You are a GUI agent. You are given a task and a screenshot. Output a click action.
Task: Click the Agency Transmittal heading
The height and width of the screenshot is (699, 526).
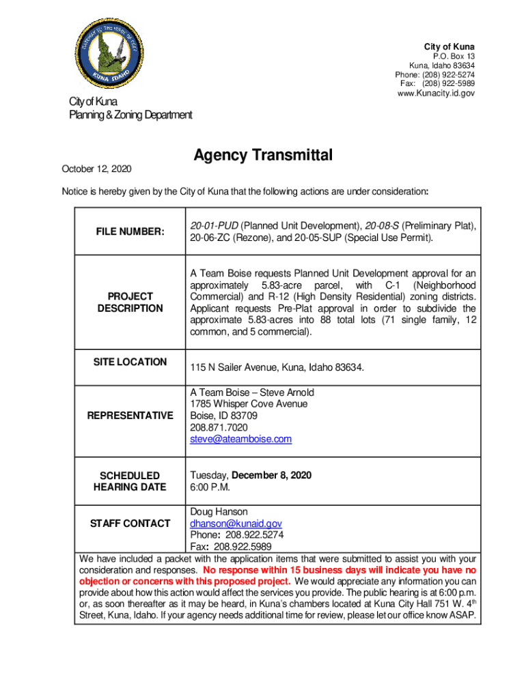(263, 156)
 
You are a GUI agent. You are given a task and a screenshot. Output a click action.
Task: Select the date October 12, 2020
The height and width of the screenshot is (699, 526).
(97, 169)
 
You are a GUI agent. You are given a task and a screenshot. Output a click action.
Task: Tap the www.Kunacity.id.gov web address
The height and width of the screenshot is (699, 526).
(436, 93)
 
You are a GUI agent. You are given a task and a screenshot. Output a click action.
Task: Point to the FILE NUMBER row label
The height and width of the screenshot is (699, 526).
(130, 232)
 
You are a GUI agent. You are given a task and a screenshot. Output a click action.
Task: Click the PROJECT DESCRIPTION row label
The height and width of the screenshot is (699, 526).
(130, 302)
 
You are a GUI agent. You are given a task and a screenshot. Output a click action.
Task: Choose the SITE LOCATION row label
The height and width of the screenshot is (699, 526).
(130, 362)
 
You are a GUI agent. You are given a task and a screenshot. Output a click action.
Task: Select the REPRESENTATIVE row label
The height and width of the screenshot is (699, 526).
(130, 416)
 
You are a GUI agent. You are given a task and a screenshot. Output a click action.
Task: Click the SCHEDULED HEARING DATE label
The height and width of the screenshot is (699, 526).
(130, 481)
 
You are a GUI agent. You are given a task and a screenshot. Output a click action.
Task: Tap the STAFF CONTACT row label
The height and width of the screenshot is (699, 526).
(130, 524)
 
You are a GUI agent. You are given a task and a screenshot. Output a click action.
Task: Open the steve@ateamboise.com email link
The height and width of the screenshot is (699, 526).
(240, 439)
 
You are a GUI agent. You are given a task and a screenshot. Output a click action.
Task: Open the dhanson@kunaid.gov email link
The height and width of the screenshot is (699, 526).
(236, 524)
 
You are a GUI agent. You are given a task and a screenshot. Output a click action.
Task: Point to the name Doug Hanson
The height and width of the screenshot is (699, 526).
(219, 512)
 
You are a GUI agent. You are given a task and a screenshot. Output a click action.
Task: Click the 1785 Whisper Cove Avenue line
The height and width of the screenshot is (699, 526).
(249, 404)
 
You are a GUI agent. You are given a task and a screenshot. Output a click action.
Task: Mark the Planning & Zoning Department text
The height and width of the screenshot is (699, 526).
(130, 115)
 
